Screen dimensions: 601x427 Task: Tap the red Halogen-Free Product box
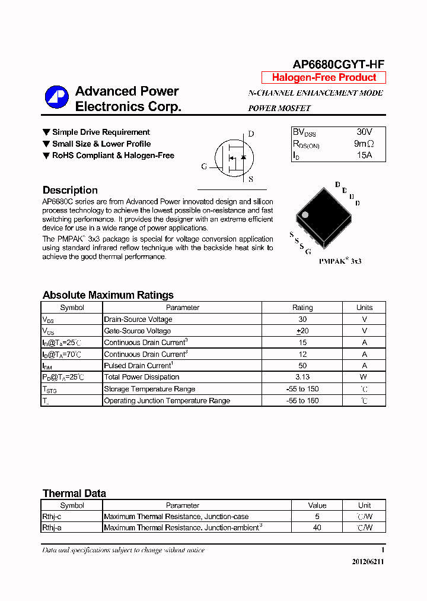324,78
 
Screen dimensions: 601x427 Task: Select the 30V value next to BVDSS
364,132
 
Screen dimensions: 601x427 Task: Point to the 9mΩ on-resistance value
364,144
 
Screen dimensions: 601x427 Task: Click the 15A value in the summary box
364,155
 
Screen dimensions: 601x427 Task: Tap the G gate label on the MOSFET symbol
204,167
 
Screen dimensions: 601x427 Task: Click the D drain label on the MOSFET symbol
251,134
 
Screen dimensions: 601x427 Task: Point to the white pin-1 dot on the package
305,214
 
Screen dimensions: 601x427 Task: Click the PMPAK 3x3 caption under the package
340,261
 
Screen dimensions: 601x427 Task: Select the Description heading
70,191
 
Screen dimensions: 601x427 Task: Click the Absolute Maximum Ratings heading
108,295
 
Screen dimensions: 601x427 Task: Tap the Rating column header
302,308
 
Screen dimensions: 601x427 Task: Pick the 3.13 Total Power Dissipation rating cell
302,377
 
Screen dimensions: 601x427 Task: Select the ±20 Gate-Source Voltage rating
302,331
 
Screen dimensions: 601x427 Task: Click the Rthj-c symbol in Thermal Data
52,517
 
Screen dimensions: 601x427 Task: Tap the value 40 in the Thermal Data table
317,527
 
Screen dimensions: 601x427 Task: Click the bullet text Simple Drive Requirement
101,132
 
